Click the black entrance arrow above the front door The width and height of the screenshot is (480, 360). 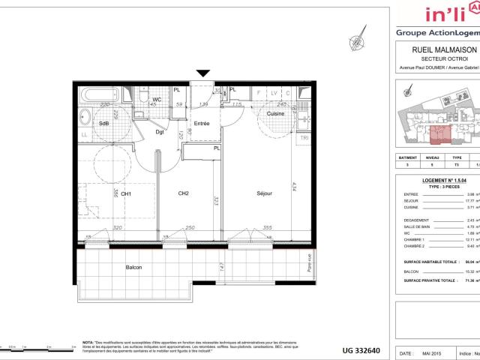pos(203,73)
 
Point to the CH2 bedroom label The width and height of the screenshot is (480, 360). pos(182,193)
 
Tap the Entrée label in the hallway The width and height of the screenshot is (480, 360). pos(202,122)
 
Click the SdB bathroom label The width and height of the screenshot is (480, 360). pos(104,124)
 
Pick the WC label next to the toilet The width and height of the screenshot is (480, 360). pos(157,99)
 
